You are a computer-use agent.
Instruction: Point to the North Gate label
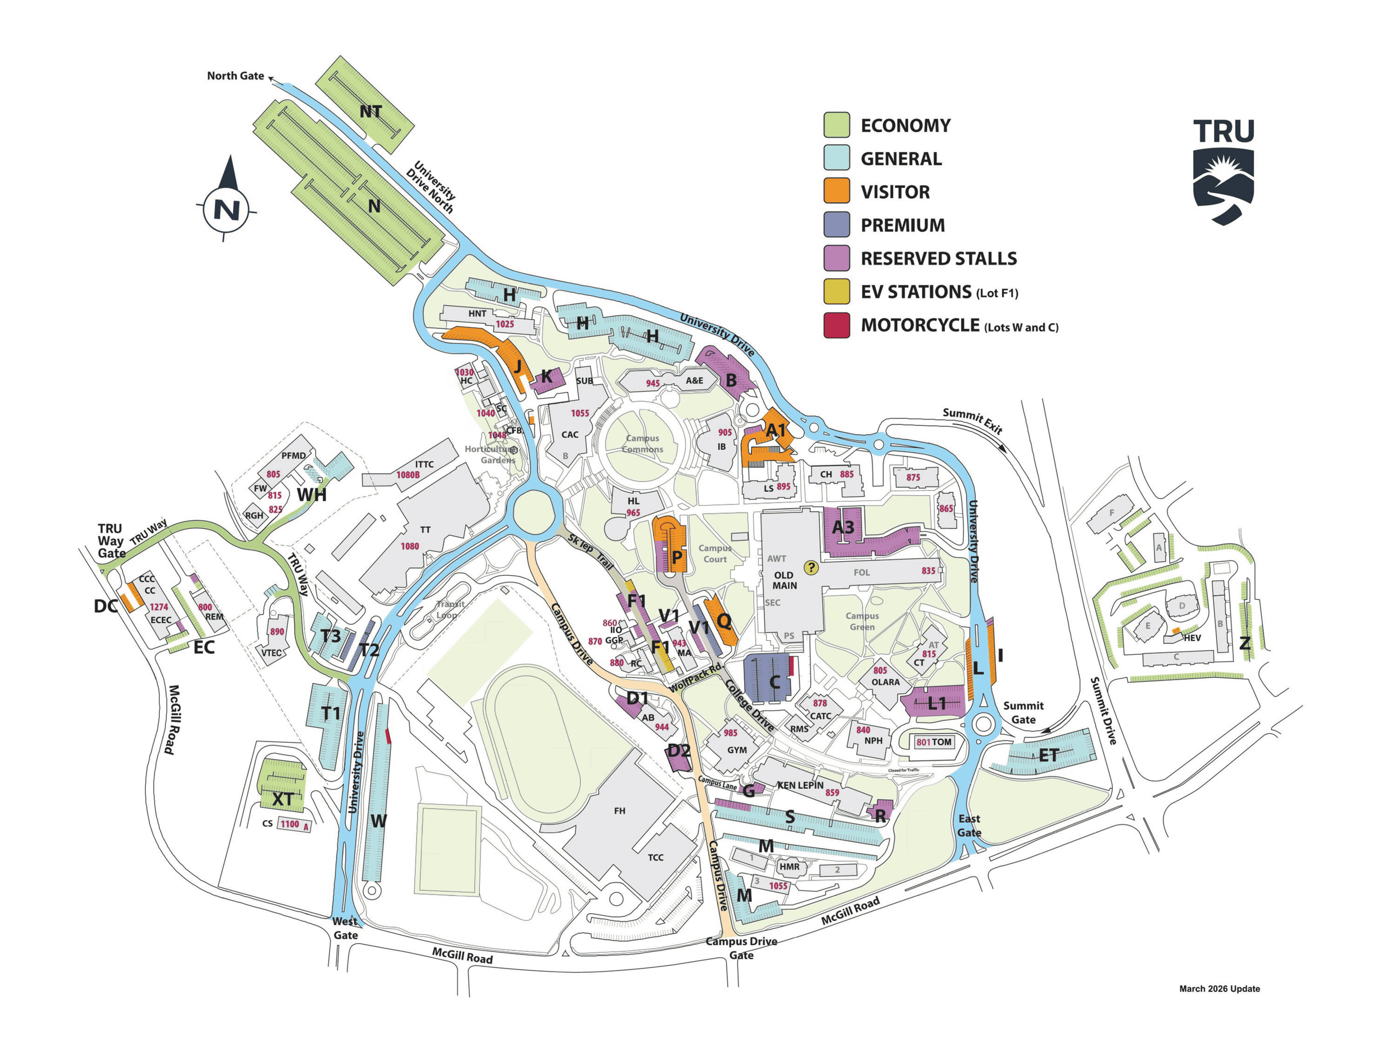pos(235,76)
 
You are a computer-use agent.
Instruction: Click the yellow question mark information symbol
pos(811,567)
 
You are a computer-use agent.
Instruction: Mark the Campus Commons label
pos(642,443)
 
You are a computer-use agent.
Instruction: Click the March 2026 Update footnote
pos(1219,989)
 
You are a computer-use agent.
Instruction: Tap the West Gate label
pos(345,928)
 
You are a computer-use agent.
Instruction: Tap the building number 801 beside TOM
pos(923,742)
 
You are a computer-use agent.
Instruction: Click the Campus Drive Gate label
pos(741,948)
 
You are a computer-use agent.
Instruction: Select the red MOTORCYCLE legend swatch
pos(836,325)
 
